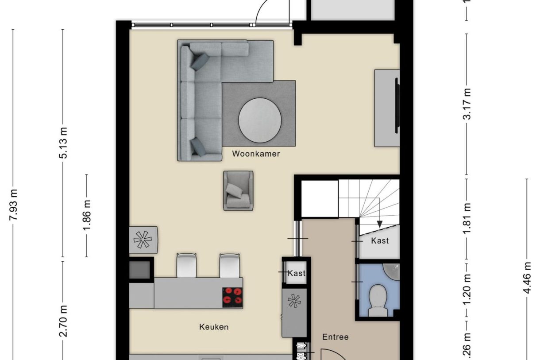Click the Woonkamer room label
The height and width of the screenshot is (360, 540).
coord(256,154)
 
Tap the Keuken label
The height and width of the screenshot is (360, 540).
coord(214,327)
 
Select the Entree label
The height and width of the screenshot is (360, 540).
coord(335,337)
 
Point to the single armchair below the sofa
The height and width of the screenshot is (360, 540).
coord(238,190)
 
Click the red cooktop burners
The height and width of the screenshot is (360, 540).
coord(232,296)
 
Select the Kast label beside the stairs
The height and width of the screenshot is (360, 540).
coord(380,240)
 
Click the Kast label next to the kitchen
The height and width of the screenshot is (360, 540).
coord(296,273)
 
